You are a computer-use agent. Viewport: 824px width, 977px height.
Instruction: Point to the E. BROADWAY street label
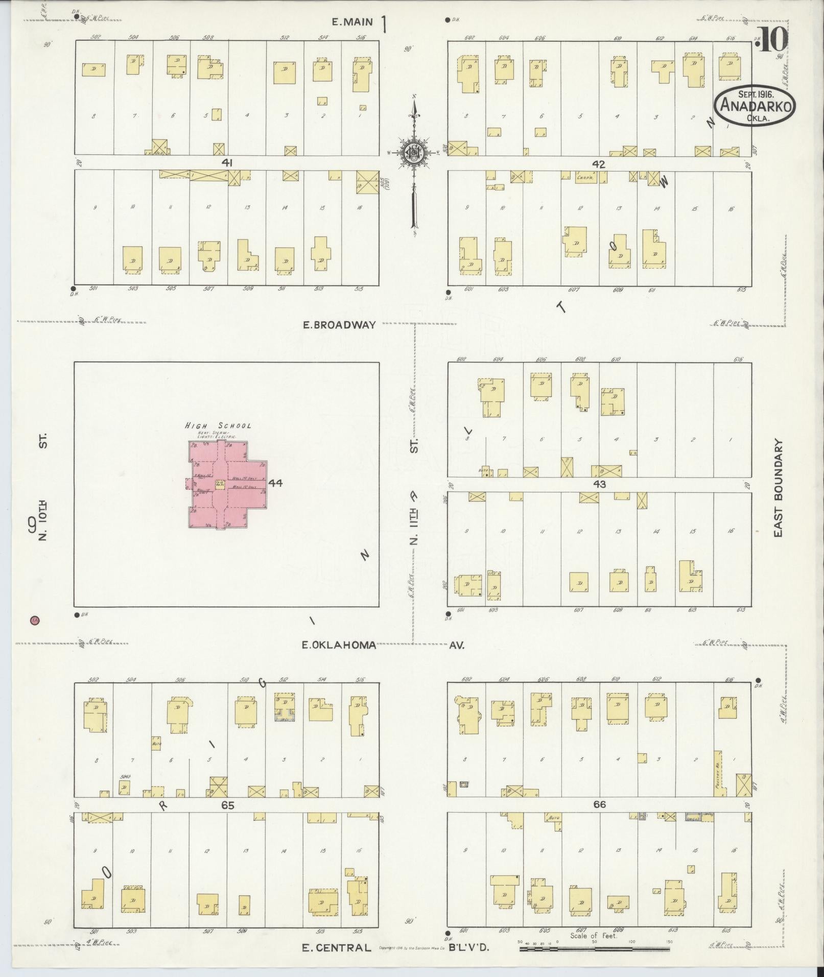coord(339,324)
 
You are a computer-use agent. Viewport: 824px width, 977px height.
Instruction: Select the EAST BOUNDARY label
coord(778,488)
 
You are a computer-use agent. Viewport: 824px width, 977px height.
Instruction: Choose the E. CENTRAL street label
coord(336,948)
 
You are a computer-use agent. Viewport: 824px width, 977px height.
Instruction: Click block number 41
coord(227,162)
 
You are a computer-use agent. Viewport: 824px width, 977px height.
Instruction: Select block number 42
coord(599,164)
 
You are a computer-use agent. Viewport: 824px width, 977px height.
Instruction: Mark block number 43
coord(599,484)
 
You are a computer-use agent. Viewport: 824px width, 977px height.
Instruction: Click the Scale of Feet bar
coord(595,949)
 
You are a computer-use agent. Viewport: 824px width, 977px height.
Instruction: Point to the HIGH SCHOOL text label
coord(218,425)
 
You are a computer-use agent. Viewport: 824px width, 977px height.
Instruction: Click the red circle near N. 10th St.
coord(35,621)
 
